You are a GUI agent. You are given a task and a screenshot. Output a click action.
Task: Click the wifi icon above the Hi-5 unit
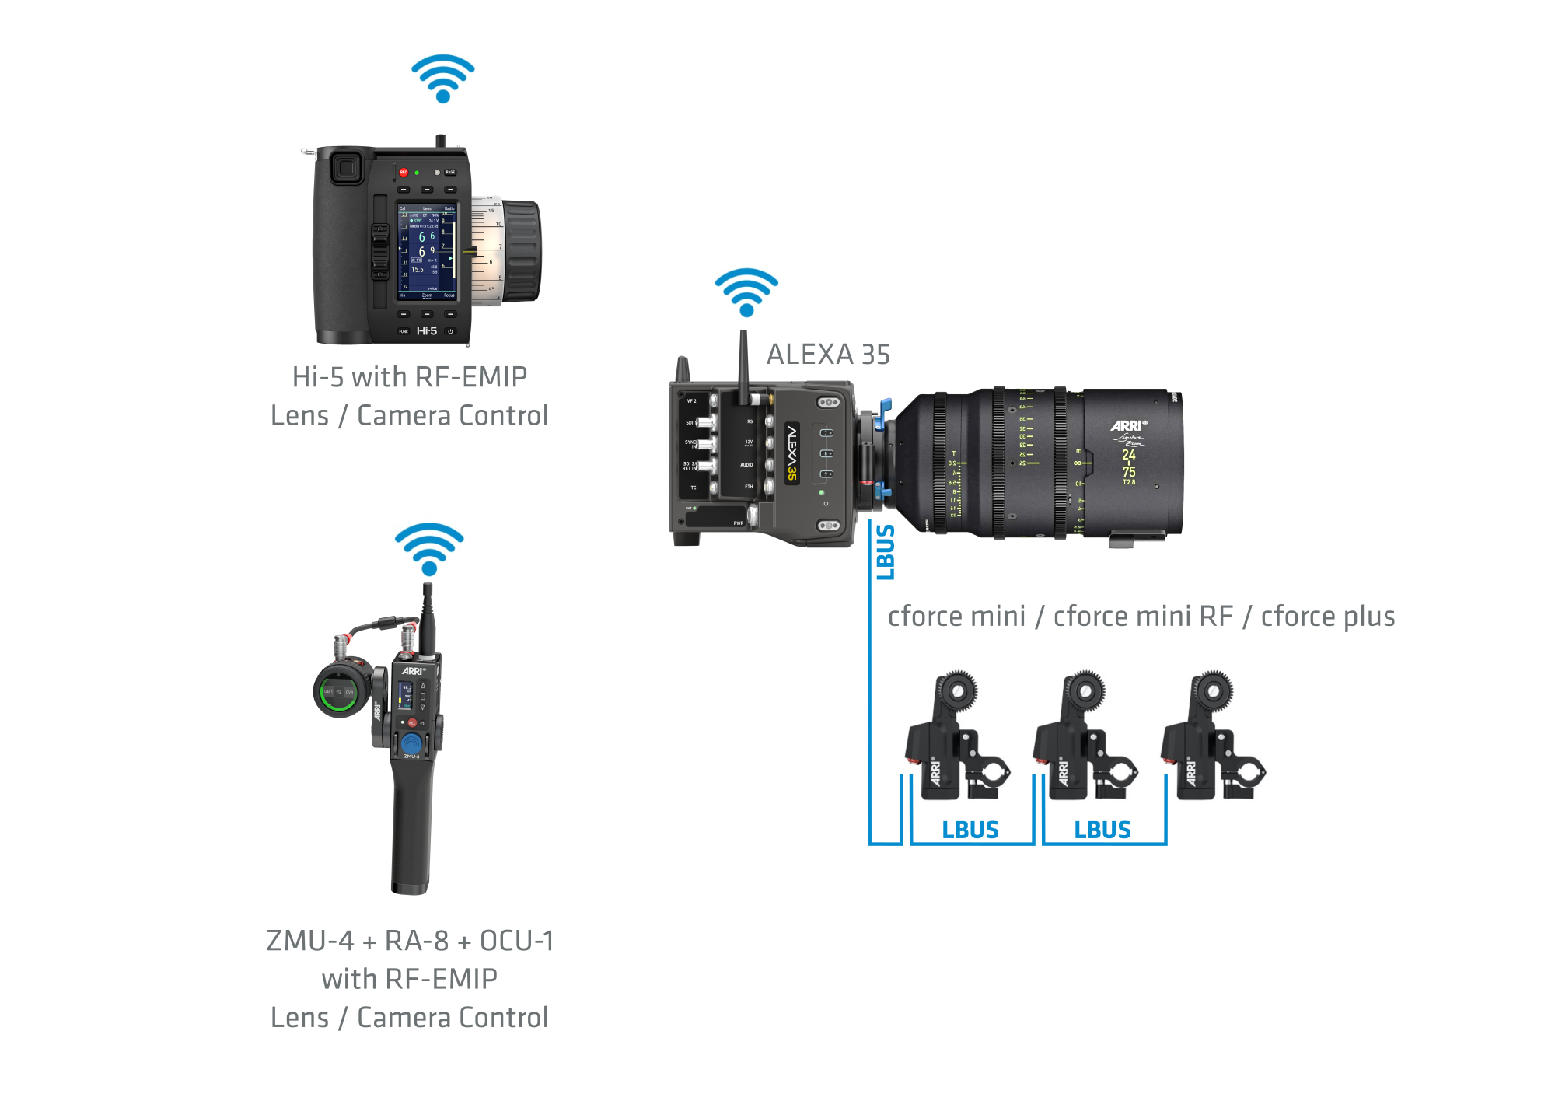pos(442,79)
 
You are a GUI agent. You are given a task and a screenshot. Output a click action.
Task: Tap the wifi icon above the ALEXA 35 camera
pos(746,293)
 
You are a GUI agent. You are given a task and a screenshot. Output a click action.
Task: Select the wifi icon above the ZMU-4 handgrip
pos(429,549)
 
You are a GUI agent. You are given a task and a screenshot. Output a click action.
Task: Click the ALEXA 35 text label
pos(828,355)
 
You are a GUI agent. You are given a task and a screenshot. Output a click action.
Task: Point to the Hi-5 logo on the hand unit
pos(427,331)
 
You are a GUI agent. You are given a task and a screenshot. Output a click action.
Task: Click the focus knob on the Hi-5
pos(520,251)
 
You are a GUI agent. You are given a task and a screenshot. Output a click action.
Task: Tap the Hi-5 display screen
pos(427,252)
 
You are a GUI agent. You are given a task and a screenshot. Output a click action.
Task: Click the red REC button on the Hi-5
pos(404,173)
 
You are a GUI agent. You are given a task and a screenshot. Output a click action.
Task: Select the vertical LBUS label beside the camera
pos(886,552)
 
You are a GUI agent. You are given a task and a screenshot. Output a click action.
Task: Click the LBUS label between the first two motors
pos(970,830)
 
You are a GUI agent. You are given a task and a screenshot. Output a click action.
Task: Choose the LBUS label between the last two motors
pos(1102,830)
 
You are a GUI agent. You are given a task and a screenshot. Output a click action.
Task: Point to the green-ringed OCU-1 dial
pos(340,691)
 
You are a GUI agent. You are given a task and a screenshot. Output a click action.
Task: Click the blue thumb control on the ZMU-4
pos(411,743)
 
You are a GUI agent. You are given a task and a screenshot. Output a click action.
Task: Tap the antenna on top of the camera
pos(743,365)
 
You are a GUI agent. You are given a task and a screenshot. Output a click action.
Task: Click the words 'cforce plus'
pos(1327,617)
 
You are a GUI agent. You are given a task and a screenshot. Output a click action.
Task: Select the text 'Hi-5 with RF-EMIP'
pos(410,377)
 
